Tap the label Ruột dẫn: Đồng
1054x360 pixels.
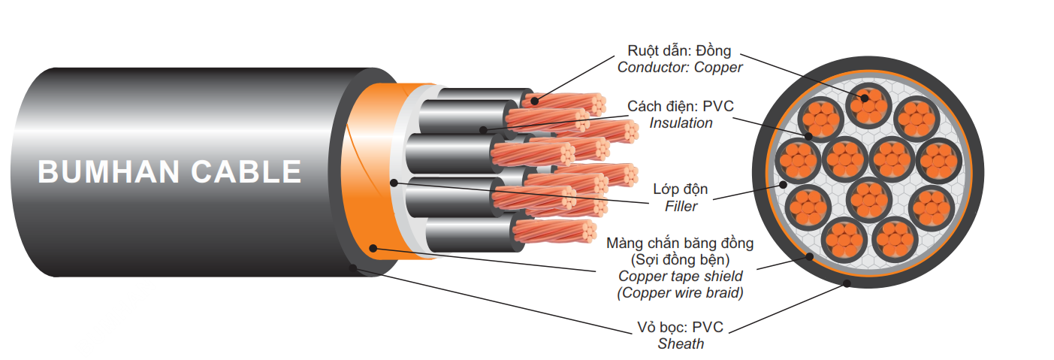678,51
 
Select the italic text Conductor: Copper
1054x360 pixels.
679,68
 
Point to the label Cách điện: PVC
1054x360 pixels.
681,107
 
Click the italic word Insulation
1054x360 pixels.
681,123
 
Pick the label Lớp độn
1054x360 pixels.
680,189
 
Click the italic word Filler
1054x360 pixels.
680,206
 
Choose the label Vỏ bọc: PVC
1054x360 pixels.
680,328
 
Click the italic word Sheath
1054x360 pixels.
681,344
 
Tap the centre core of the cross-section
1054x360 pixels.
868,200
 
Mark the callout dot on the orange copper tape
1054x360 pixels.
373,248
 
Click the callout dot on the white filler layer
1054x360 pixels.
393,182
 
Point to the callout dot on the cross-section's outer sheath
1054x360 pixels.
847,283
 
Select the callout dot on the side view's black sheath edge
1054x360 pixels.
354,267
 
